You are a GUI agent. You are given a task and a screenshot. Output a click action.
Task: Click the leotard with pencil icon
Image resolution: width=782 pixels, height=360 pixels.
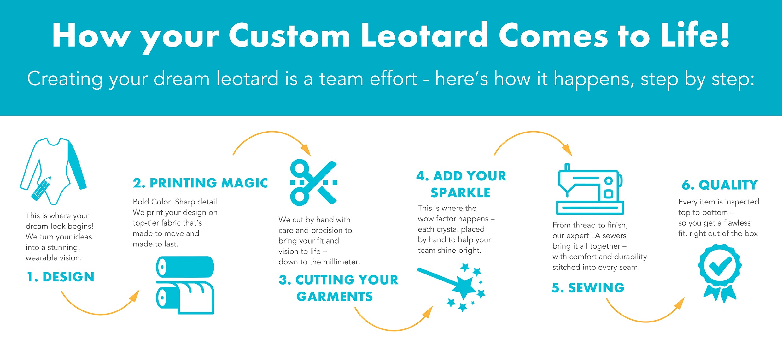[x=53, y=171]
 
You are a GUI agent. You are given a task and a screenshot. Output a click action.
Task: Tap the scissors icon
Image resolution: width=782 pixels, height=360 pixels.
[x=313, y=183]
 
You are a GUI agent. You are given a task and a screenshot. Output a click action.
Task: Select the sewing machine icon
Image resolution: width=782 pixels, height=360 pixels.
[x=590, y=189]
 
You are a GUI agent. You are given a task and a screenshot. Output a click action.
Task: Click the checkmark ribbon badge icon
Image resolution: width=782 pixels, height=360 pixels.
[x=720, y=273]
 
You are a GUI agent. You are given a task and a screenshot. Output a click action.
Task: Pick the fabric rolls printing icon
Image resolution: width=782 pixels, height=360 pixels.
[x=185, y=285]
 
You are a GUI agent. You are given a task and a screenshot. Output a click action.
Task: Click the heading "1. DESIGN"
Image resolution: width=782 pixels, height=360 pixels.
[x=61, y=277]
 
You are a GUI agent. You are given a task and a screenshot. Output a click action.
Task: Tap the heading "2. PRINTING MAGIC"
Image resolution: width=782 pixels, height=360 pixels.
[x=200, y=183]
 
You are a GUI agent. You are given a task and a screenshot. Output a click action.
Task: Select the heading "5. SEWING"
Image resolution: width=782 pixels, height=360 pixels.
[x=588, y=288]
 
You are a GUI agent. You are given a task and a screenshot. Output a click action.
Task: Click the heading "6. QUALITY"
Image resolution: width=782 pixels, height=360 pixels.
[x=720, y=185]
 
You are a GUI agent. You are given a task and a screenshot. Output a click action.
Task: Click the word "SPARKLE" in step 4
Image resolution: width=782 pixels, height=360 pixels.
[x=460, y=192]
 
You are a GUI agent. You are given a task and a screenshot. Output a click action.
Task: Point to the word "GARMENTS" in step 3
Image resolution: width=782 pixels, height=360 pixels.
[x=335, y=297]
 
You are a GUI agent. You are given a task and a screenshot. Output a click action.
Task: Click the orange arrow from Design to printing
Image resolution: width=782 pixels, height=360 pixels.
[x=100, y=314]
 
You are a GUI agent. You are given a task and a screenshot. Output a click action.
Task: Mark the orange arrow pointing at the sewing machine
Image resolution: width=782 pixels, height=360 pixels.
[x=533, y=132]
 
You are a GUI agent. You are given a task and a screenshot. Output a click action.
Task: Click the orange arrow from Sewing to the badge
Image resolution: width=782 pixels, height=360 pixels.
[x=645, y=322]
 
